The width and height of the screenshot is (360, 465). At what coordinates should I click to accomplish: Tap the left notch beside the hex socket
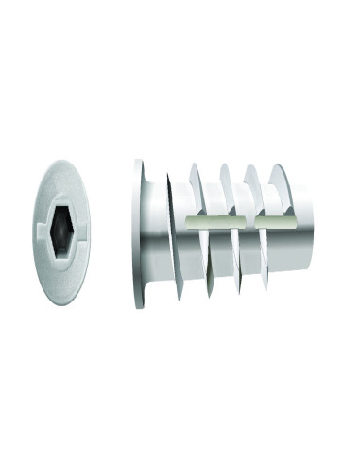click(x=43, y=227)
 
